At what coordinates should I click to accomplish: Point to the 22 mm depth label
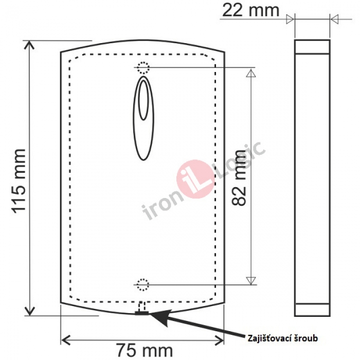[251, 10]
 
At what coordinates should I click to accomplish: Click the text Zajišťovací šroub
[283, 338]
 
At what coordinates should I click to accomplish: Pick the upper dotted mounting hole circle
[143, 68]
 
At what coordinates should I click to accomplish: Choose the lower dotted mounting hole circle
[143, 285]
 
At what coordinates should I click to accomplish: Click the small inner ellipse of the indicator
[143, 100]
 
